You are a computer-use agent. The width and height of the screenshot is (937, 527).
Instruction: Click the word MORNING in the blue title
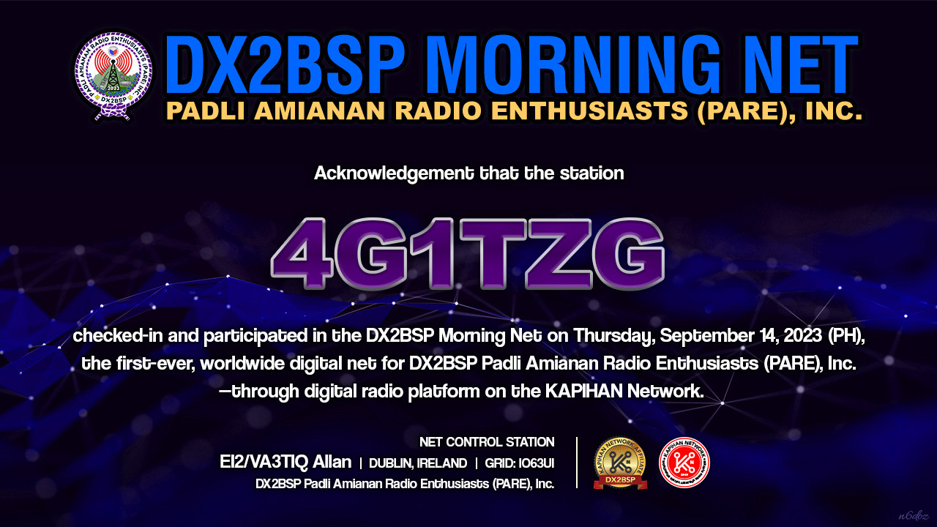(572, 64)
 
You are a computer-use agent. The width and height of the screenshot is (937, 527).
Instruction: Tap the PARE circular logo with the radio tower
(113, 75)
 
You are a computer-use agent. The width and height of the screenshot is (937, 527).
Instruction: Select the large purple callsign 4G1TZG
(468, 253)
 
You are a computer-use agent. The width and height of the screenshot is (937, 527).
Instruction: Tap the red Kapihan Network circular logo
(684, 463)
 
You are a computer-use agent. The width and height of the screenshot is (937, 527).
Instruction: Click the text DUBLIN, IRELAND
(418, 463)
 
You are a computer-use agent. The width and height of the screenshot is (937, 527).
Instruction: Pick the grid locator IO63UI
(537, 463)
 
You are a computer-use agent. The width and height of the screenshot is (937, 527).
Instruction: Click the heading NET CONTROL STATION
(487, 442)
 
